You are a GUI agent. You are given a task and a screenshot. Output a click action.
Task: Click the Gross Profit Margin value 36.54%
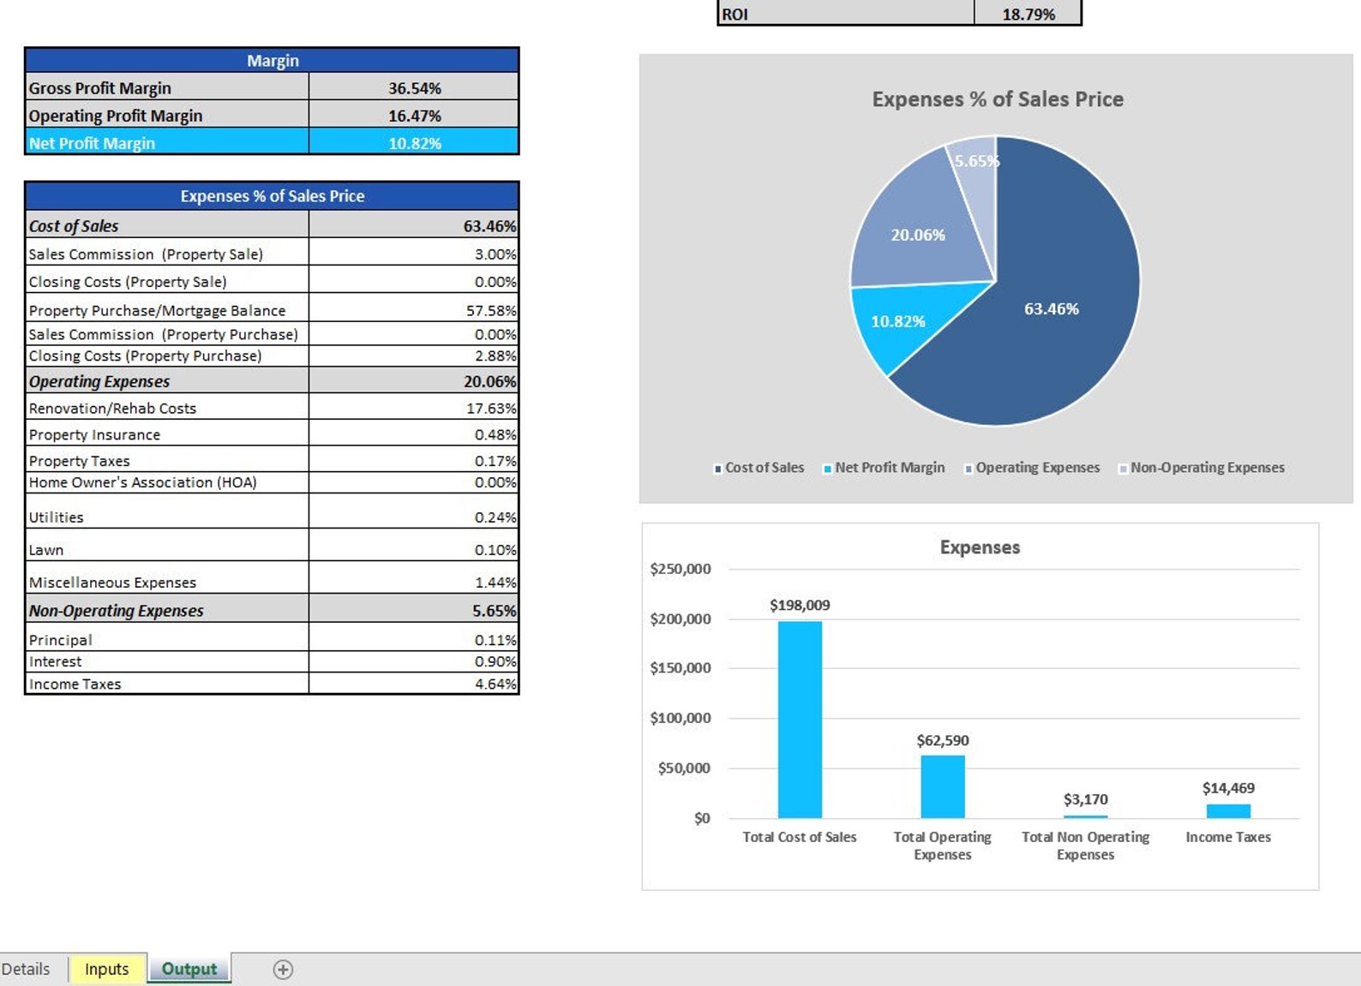click(414, 88)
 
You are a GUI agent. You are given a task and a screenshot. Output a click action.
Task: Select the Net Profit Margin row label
click(92, 143)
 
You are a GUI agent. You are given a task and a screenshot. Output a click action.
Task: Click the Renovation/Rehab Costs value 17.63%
click(491, 409)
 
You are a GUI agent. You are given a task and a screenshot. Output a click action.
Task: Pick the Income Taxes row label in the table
click(75, 684)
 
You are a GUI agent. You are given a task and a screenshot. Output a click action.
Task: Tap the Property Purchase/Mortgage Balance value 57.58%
click(491, 310)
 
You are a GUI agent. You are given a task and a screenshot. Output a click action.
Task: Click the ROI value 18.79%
click(1028, 14)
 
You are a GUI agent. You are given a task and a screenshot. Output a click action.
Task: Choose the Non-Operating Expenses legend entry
click(1207, 468)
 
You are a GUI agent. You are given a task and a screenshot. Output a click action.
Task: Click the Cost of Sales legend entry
click(764, 468)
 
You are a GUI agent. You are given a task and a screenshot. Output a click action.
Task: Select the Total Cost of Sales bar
click(800, 720)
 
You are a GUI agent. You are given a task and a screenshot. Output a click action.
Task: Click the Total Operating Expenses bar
click(942, 786)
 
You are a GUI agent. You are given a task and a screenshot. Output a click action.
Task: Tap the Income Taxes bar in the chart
click(1228, 810)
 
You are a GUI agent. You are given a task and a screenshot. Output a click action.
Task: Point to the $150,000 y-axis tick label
click(680, 668)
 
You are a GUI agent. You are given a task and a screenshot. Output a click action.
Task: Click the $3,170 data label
click(1085, 799)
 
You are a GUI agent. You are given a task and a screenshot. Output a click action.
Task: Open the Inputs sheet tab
click(107, 969)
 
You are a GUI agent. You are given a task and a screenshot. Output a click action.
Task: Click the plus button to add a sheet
click(283, 969)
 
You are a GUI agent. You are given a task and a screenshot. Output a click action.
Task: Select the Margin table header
click(272, 61)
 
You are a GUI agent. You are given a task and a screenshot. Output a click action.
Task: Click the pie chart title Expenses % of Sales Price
click(997, 99)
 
